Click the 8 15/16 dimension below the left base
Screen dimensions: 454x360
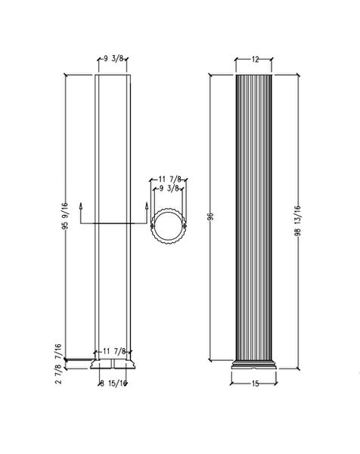[x=113, y=384]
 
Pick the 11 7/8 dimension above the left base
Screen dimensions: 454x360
[x=115, y=350]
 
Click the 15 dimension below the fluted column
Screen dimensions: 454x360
[x=254, y=384]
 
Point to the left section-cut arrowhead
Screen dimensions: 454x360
[x=82, y=205]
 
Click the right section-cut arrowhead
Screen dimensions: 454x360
[x=144, y=205]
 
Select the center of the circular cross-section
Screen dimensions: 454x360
[x=166, y=225]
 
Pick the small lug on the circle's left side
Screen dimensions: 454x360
[x=151, y=225]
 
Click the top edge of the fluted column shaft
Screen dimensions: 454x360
[x=255, y=76]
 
